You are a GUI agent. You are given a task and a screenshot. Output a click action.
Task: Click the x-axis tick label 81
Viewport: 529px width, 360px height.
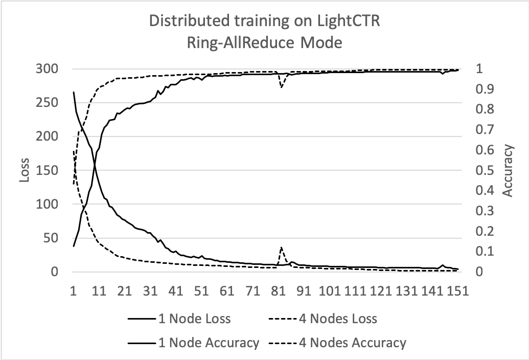click(x=278, y=291)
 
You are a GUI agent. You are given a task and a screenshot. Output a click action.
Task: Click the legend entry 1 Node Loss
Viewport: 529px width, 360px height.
click(x=194, y=319)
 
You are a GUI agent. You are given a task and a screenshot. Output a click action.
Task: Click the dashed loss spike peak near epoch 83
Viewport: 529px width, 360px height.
click(x=281, y=247)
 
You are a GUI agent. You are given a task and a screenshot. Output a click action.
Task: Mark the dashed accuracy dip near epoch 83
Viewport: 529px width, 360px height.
click(x=281, y=87)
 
